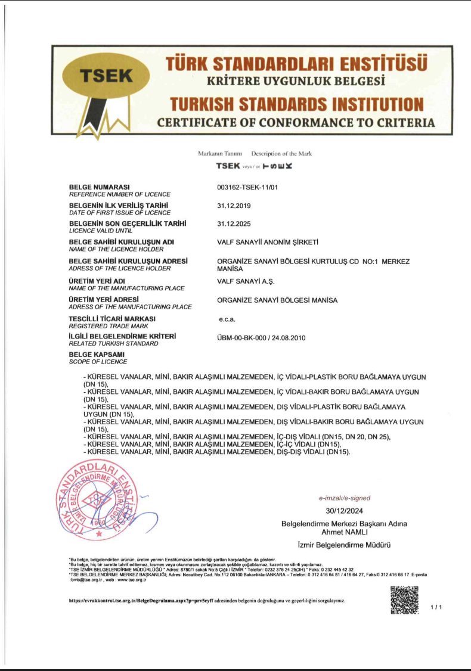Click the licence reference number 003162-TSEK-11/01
[248, 187]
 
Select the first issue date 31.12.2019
[234, 206]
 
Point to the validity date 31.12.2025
[234, 224]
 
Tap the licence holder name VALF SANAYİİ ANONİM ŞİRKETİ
[268, 242]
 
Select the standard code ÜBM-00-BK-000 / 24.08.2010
[261, 338]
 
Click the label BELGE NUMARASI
[100, 187]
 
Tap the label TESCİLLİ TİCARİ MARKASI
[112, 319]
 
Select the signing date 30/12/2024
[344, 511]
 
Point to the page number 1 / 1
[436, 607]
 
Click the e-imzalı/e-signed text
[345, 498]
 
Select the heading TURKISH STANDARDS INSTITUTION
[296, 104]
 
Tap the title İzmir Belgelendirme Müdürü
[344, 545]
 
